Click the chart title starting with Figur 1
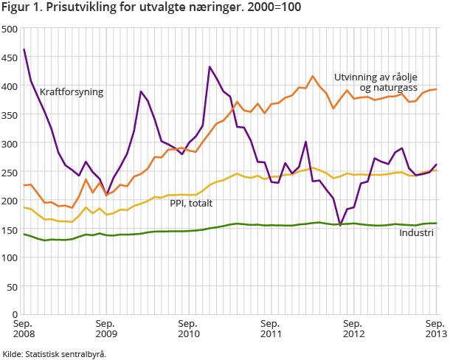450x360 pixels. [x=146, y=8]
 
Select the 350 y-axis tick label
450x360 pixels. [x=10, y=114]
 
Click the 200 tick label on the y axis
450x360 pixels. [x=10, y=200]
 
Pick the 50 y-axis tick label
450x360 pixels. [x=13, y=286]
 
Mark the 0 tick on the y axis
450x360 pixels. [x=15, y=314]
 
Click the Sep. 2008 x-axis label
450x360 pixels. [x=24, y=329]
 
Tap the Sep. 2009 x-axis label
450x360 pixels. [x=105, y=329]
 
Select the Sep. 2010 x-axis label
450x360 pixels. [x=188, y=329]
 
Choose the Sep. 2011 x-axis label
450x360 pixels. [x=271, y=329]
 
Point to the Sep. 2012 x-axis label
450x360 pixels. [x=353, y=329]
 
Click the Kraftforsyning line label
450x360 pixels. [x=72, y=92]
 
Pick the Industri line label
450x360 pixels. [x=416, y=233]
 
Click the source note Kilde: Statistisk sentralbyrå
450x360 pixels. [x=55, y=354]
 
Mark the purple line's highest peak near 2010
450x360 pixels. [x=210, y=66]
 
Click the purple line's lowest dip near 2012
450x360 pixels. [x=340, y=225]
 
